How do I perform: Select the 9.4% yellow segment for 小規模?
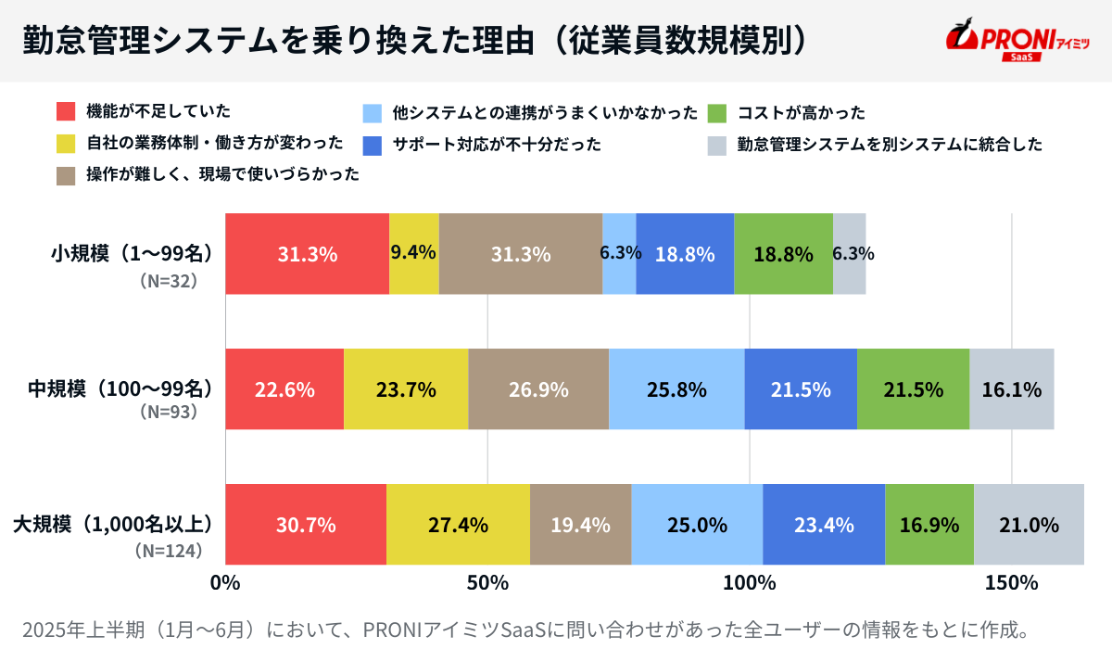click(413, 254)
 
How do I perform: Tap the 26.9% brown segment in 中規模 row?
click(538, 389)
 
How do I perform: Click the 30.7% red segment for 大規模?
click(306, 525)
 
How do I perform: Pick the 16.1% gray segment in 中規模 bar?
click(1011, 389)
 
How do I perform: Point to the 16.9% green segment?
click(929, 525)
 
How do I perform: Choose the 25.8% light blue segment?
click(676, 389)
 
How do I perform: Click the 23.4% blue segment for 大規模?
click(823, 525)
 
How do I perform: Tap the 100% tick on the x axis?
click(749, 583)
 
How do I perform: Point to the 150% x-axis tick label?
click(1011, 583)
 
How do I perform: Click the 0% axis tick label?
click(225, 583)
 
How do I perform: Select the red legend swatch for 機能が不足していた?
click(66, 113)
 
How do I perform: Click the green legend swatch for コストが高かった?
click(716, 113)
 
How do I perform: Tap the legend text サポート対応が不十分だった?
click(497, 145)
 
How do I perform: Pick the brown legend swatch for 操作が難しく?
click(66, 175)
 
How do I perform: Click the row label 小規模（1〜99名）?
click(133, 253)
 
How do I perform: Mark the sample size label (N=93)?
click(169, 411)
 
